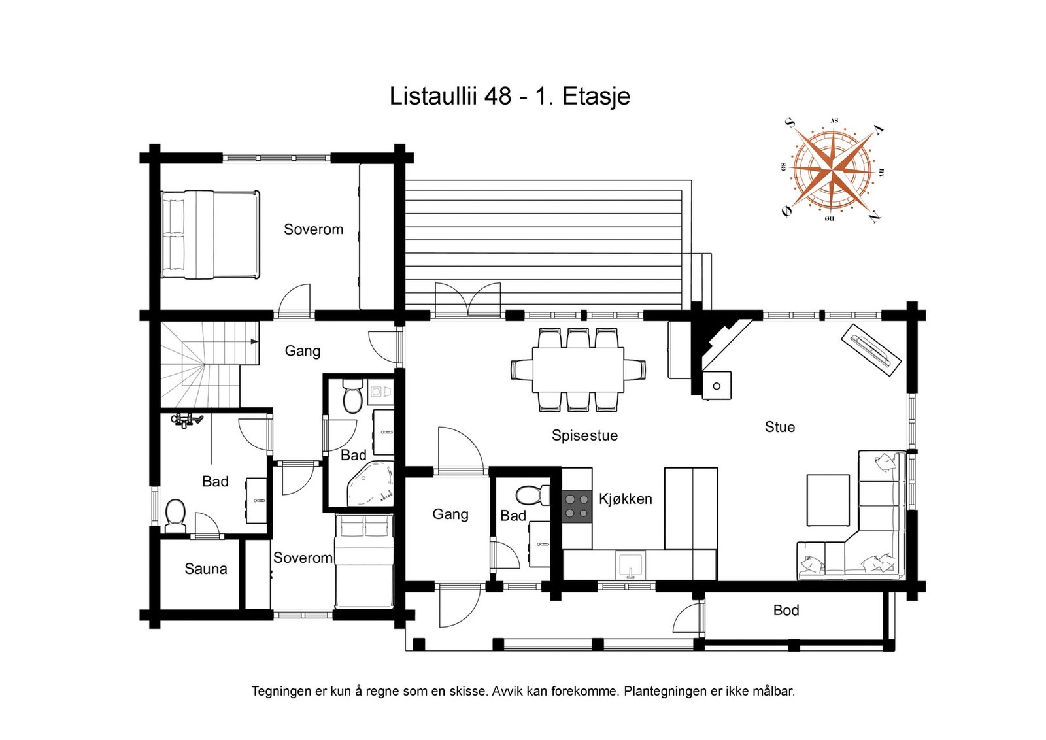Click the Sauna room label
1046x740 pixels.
point(206,569)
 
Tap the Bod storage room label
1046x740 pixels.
point(786,610)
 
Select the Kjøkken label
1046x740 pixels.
point(625,499)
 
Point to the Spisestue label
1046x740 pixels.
point(584,435)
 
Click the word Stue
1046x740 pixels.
point(780,427)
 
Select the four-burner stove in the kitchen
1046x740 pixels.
point(577,506)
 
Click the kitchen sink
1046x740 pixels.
point(630,565)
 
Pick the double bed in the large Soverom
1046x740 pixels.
point(210,235)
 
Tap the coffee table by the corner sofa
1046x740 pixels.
point(828,501)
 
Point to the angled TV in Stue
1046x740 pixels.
point(871,350)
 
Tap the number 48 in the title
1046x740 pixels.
point(498,96)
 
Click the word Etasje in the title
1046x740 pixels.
point(596,97)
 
